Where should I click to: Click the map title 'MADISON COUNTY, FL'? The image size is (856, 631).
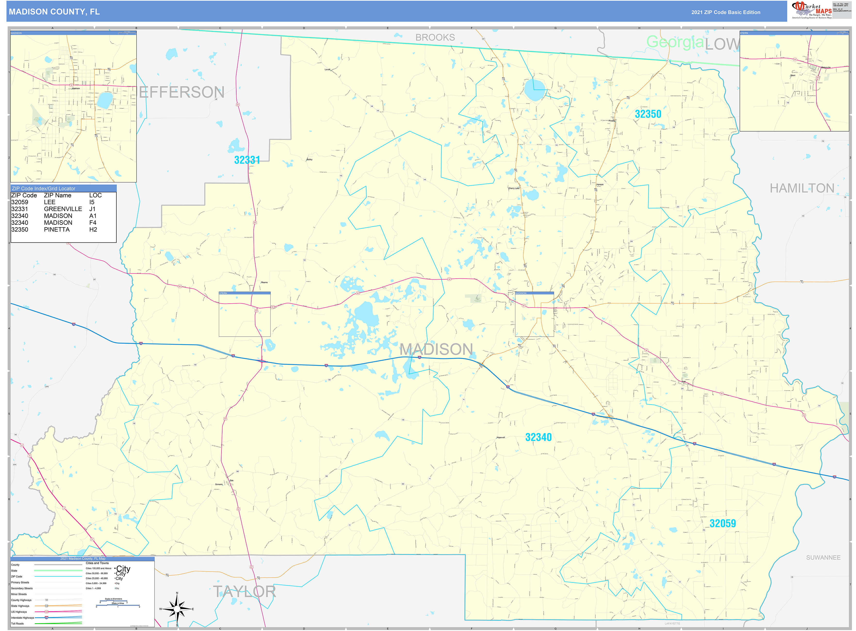point(54,12)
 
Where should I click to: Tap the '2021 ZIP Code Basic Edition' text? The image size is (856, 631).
point(726,12)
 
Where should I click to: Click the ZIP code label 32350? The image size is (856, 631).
point(648,114)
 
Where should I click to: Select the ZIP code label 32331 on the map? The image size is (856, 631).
point(247,160)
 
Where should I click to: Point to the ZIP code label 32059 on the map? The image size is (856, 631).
point(722,523)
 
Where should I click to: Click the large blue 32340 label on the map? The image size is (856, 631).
point(538,437)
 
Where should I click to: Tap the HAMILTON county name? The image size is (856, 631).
point(802,188)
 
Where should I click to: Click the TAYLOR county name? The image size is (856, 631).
point(244,592)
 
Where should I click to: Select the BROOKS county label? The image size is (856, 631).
point(435,37)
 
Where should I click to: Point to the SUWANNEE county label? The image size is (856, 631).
point(823,558)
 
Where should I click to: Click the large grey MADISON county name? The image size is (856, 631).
point(436,349)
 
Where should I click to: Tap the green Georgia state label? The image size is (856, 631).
point(675,42)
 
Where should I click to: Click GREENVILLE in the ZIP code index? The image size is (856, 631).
point(63,209)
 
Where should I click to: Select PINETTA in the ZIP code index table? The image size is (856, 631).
point(57,230)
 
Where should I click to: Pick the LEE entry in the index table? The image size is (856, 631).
point(50,202)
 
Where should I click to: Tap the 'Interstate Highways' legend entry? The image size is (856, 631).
point(23,618)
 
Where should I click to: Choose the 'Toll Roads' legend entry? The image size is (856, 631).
point(17,623)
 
